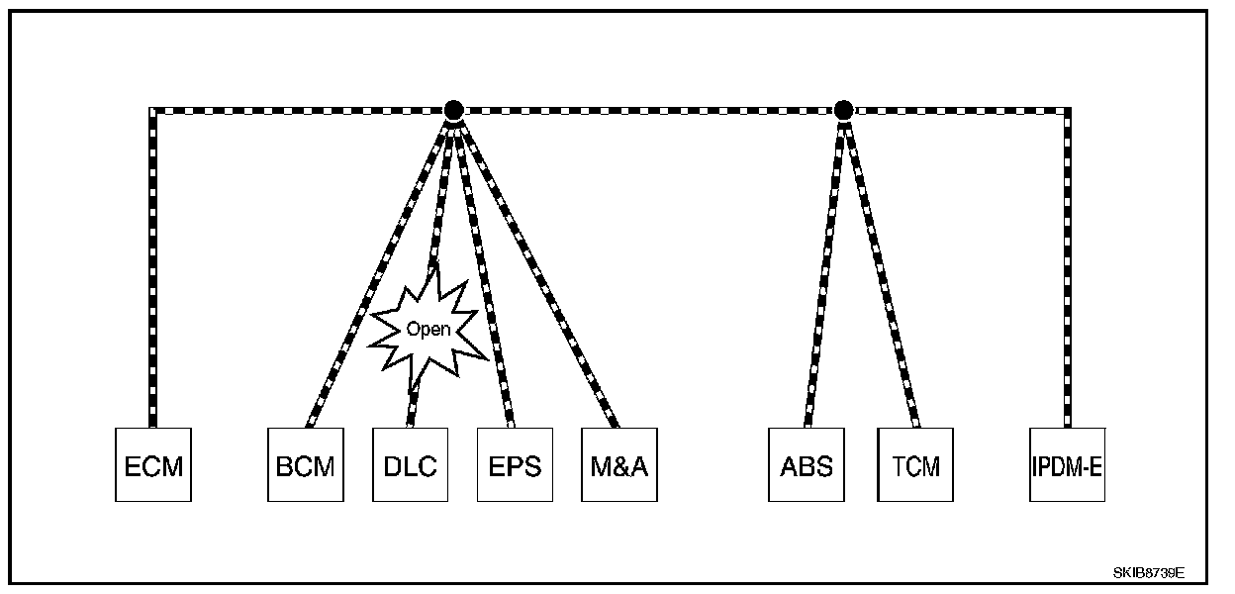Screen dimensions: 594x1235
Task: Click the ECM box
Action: (x=153, y=464)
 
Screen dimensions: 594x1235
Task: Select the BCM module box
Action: (x=306, y=464)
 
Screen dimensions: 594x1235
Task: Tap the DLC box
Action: (x=410, y=464)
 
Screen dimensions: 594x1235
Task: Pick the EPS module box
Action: (x=515, y=464)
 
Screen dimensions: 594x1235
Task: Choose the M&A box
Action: (x=618, y=464)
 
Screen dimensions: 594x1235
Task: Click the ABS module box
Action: (x=807, y=464)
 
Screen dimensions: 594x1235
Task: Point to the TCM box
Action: (x=915, y=464)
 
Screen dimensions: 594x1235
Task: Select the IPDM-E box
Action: (x=1067, y=464)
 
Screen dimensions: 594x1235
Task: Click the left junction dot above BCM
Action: (x=453, y=110)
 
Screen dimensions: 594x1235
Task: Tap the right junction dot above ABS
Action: (x=843, y=110)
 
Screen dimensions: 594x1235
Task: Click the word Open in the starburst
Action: (x=428, y=330)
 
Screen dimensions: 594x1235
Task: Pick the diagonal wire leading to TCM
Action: (x=880, y=267)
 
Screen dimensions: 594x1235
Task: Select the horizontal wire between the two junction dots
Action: (x=648, y=110)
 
